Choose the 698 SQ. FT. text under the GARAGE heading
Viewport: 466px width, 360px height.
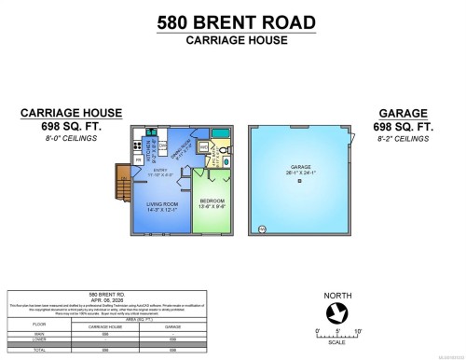click(407, 125)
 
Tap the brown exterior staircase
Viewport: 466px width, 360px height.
click(121, 191)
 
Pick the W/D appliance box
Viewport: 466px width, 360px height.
click(202, 146)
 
